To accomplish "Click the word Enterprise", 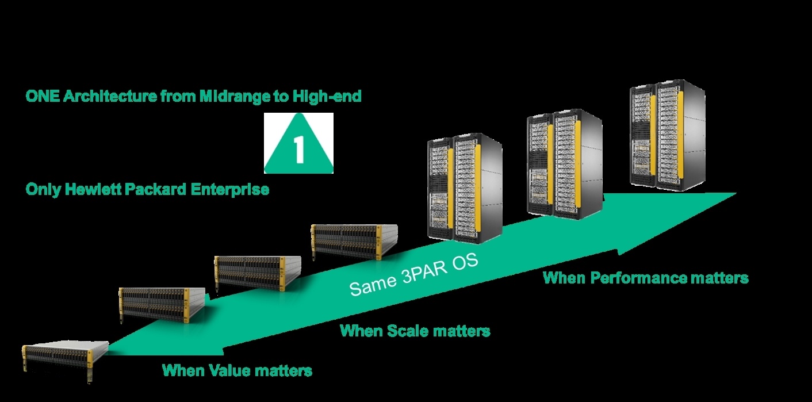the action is click(230, 190).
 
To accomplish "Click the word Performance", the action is click(639, 278).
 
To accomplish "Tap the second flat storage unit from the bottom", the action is click(162, 304).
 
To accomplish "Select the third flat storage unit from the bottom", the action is click(258, 273).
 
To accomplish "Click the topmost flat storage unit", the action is click(354, 242).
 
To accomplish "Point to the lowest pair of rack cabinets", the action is click(465, 188).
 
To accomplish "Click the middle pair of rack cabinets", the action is click(565, 164).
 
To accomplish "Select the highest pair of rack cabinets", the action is click(668, 135).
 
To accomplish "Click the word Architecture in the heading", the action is click(110, 97).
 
